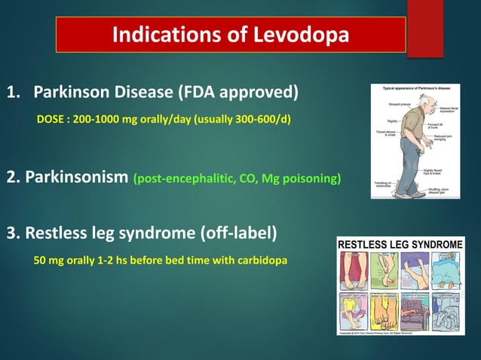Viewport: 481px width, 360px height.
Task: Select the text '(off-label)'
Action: pyautogui.click(x=239, y=233)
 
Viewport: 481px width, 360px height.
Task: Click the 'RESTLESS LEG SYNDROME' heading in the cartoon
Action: pyautogui.click(x=400, y=245)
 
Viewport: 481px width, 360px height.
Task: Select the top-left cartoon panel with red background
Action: pyautogui.click(x=354, y=269)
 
